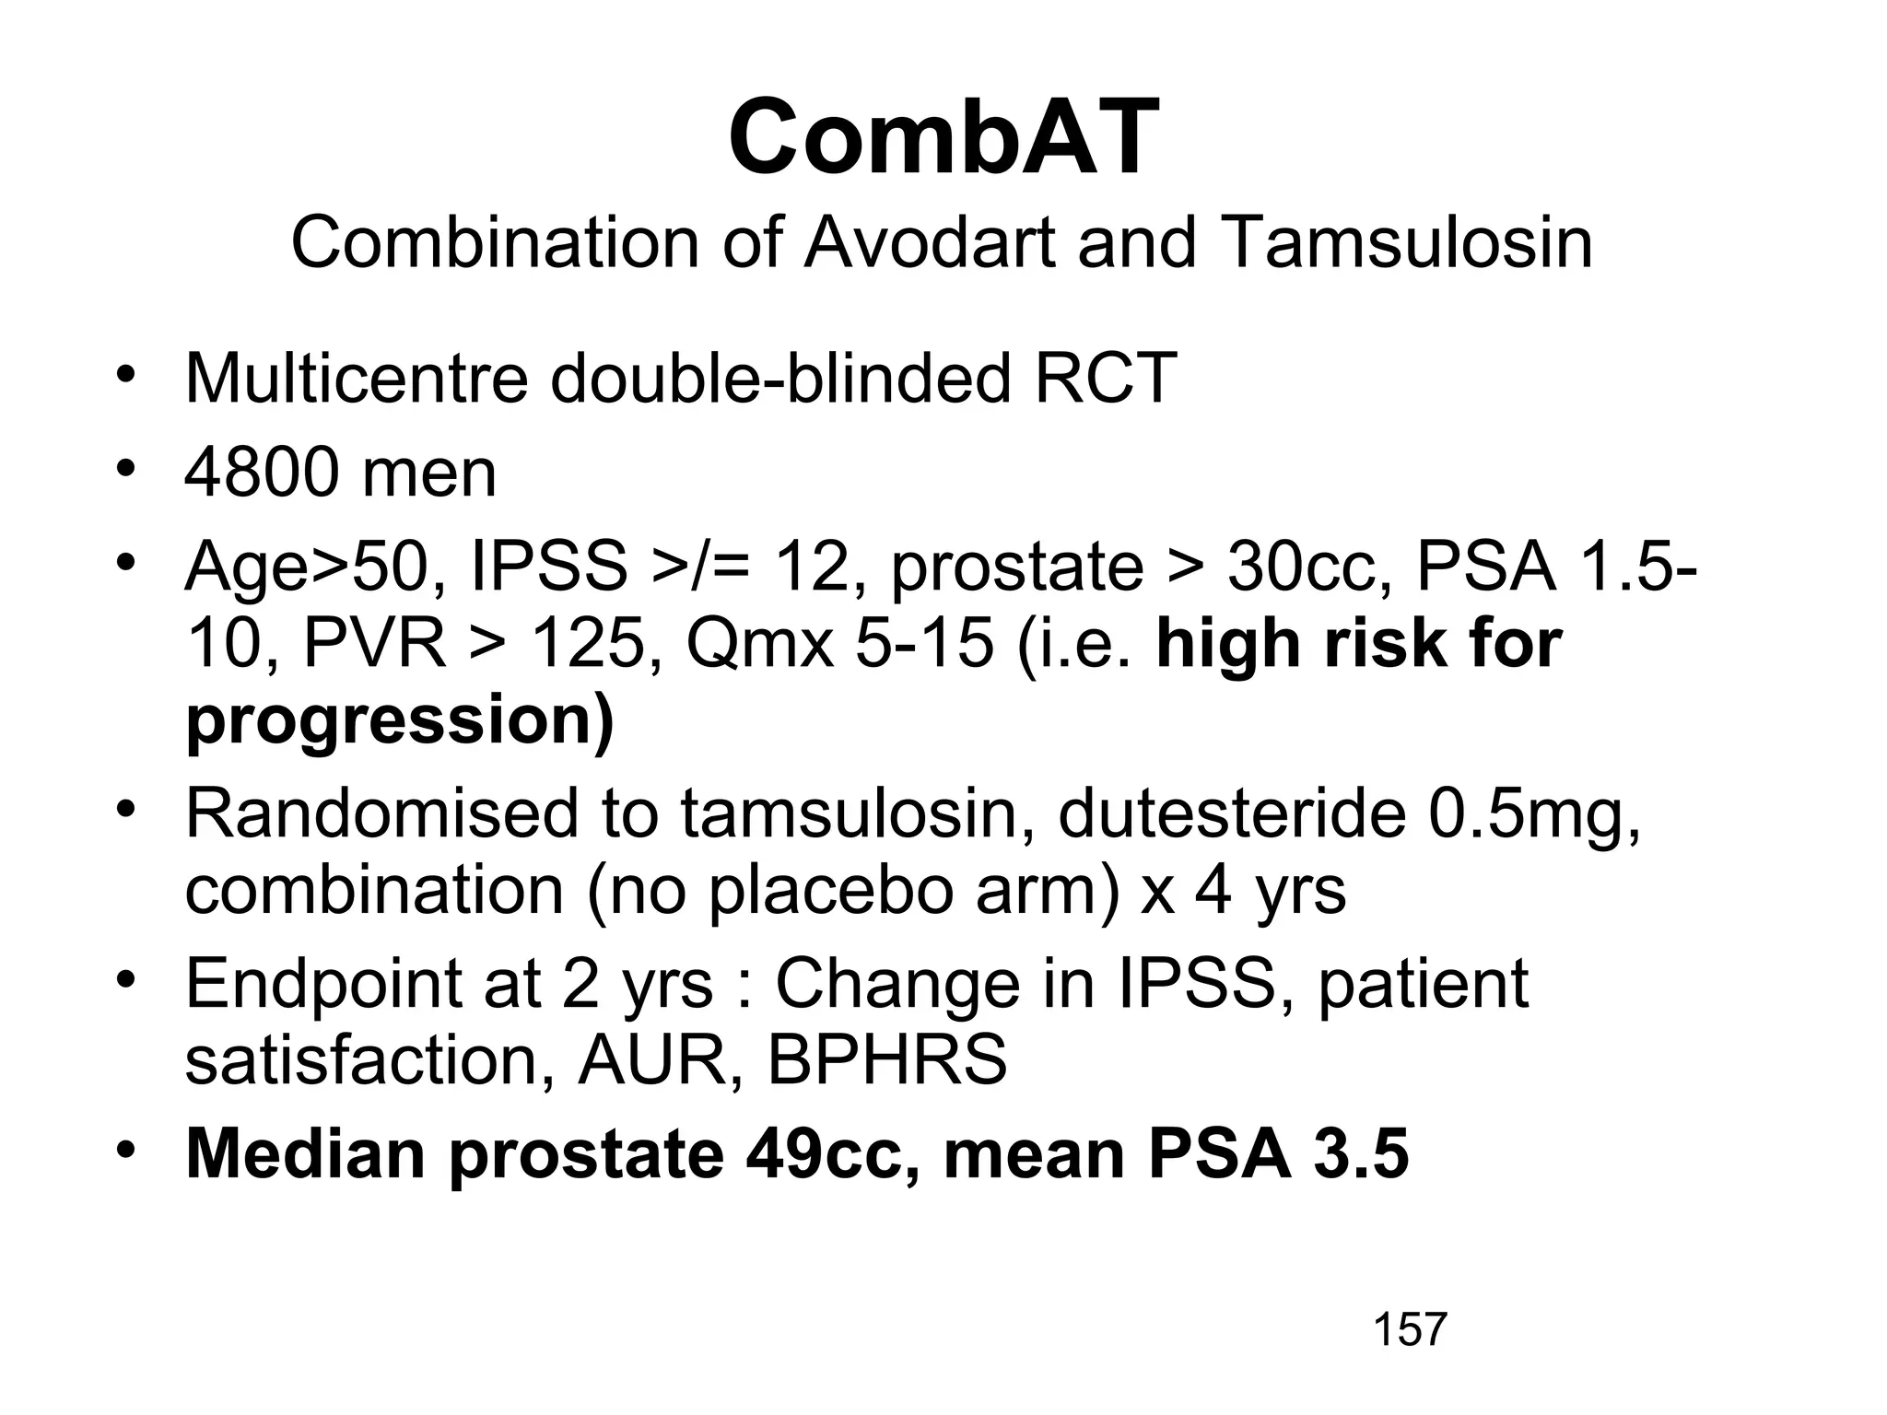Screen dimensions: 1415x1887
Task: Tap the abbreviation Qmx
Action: pos(759,644)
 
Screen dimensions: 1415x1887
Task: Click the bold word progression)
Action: pos(399,721)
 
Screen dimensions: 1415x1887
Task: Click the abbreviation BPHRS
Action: pos(886,1060)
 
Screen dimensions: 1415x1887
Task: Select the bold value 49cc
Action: pos(834,1153)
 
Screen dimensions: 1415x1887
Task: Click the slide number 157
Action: pos(1410,1329)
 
